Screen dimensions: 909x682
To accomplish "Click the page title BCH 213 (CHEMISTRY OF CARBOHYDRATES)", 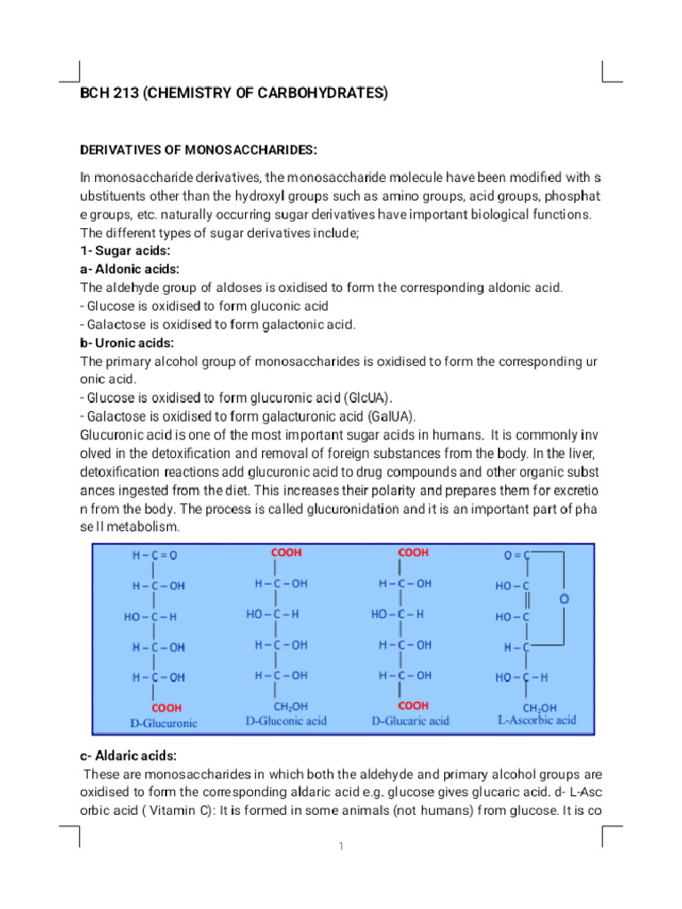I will pos(234,93).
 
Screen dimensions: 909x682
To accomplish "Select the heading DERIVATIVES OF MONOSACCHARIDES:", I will pos(199,148).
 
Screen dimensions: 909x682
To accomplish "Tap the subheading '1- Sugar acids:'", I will pos(125,250).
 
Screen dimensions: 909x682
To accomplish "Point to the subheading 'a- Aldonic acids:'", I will pos(130,269).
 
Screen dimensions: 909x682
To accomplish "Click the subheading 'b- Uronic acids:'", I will pos(127,343).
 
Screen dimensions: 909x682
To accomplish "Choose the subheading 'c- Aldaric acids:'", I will pos(128,755).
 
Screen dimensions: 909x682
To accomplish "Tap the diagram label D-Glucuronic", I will pos(163,723).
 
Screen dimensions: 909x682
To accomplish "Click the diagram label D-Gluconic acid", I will pos(286,721).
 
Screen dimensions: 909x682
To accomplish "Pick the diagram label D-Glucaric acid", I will pos(410,721).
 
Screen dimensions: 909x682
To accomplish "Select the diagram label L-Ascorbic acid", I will pos(535,720).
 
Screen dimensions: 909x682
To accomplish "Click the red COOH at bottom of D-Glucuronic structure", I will pos(166,707).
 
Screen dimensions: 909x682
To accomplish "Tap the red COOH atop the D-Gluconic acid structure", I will pos(286,552).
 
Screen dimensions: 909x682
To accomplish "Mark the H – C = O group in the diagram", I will pos(155,556).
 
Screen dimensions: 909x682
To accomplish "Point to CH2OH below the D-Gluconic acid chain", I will pos(290,707).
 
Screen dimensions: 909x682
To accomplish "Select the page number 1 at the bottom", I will pos(340,846).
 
